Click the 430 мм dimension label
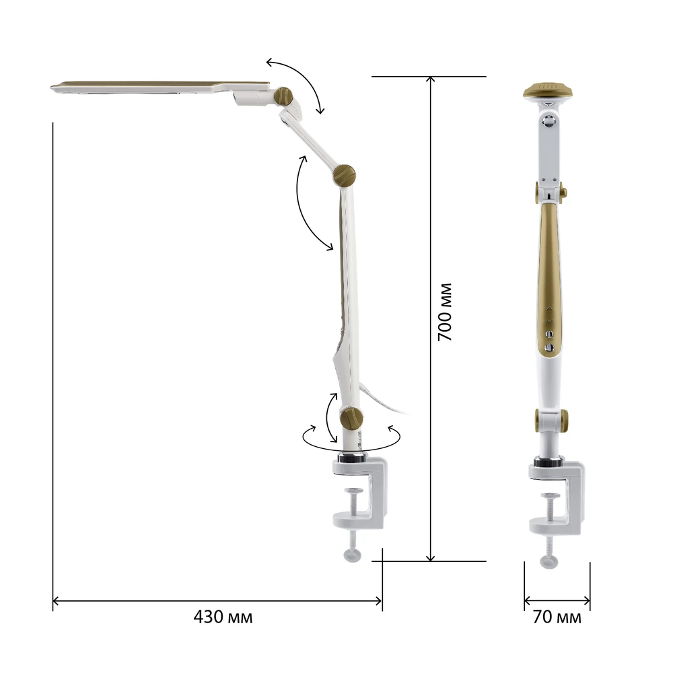[223, 617]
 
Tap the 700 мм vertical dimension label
[445, 312]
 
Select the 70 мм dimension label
[557, 617]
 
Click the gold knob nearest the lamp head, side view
[283, 96]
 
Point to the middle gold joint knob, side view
[344, 175]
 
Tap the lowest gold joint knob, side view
[351, 419]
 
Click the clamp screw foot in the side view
[353, 555]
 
